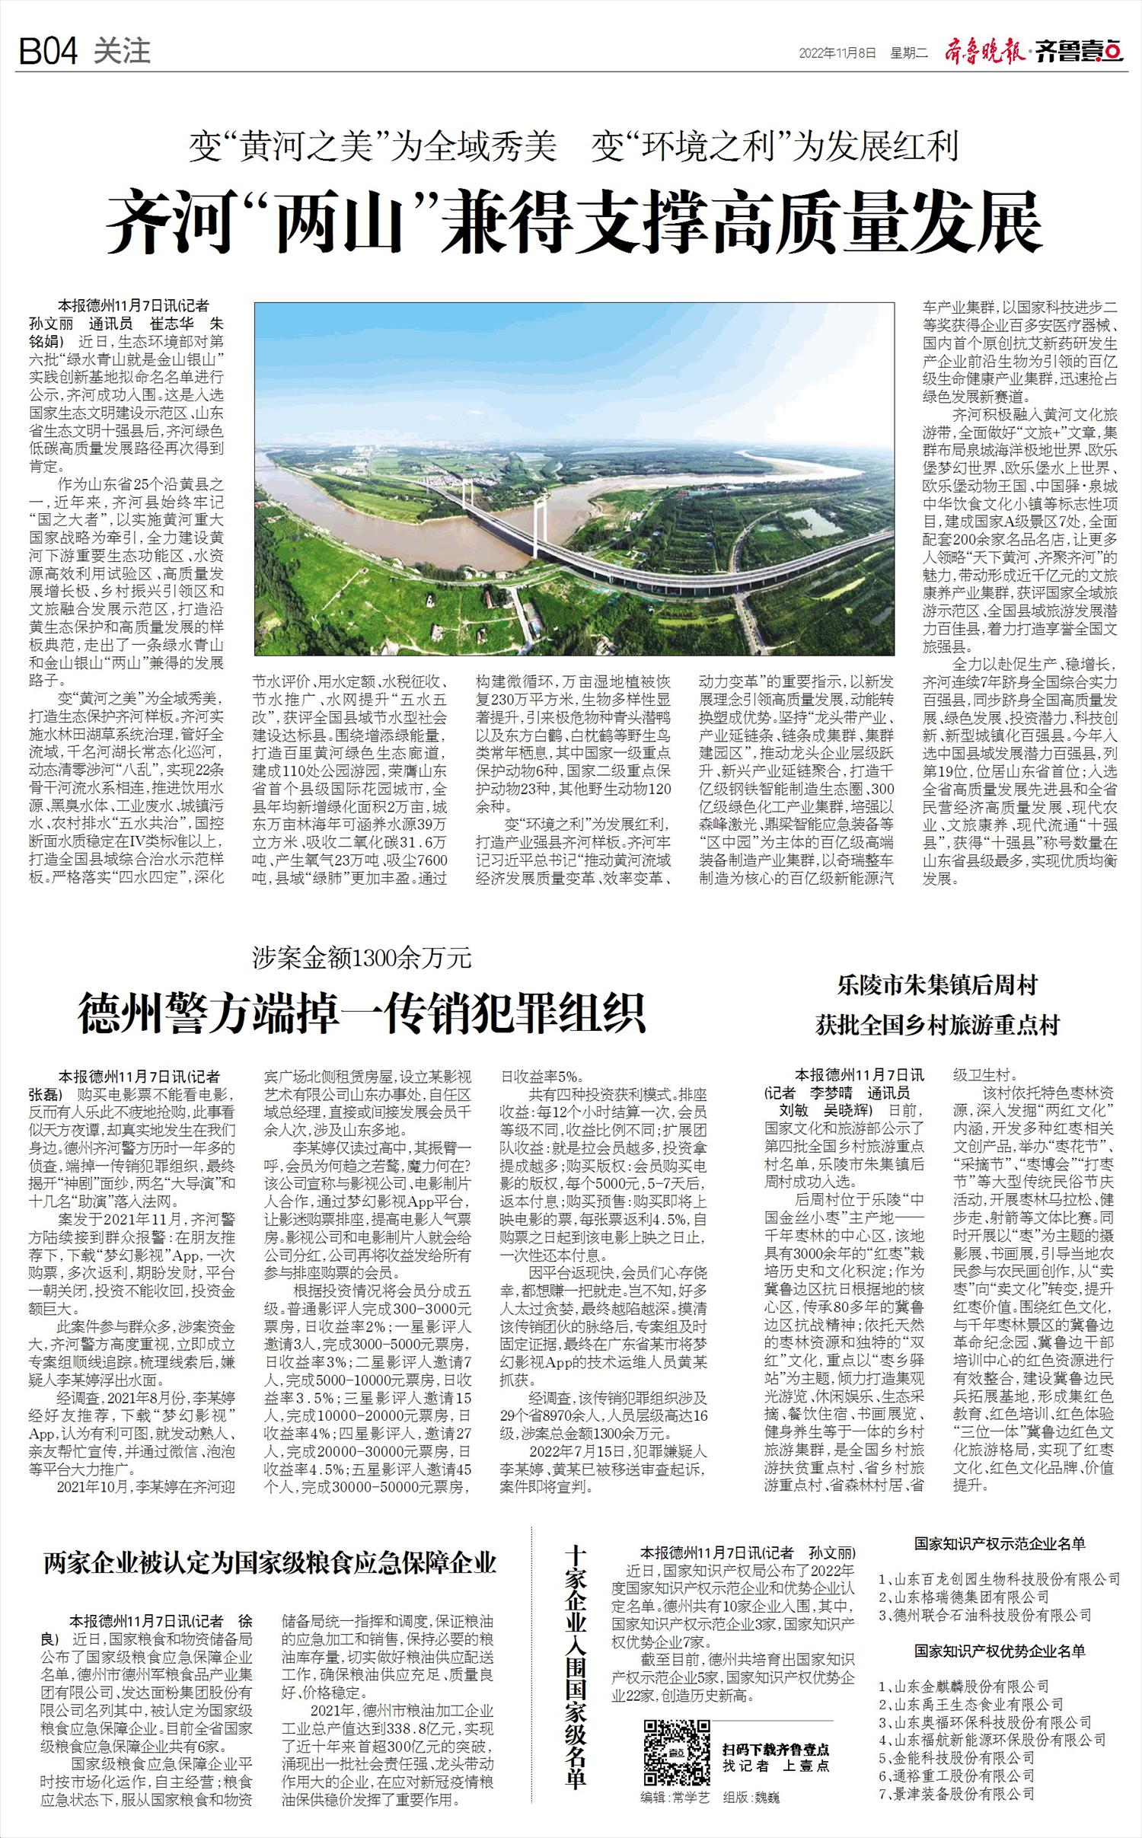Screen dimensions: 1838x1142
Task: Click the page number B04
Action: pyautogui.click(x=48, y=52)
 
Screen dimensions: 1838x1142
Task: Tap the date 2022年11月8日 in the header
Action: pyautogui.click(x=837, y=53)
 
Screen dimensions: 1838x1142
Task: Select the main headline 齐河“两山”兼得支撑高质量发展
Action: pyautogui.click(x=574, y=222)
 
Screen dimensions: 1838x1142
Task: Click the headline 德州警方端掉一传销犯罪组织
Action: pyautogui.click(x=362, y=1010)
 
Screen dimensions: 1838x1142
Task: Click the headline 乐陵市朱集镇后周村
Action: pyautogui.click(x=937, y=987)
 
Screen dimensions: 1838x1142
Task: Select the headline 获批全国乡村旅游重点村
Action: pyautogui.click(x=937, y=1025)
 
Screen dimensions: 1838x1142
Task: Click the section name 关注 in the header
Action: pyautogui.click(x=122, y=52)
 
